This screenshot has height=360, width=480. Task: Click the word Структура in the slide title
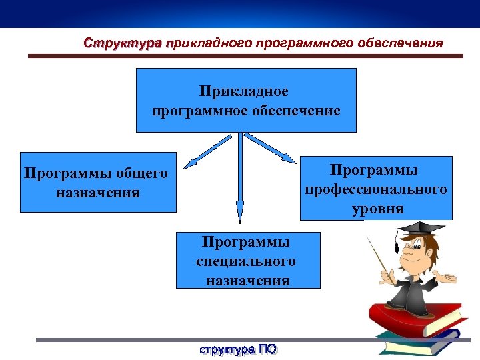(122, 43)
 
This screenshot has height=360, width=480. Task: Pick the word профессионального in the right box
(376, 190)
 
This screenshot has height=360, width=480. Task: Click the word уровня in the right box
(378, 208)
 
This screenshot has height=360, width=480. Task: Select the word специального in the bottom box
(246, 261)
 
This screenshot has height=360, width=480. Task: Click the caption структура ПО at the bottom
(238, 349)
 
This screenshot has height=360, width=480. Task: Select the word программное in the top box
(200, 110)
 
